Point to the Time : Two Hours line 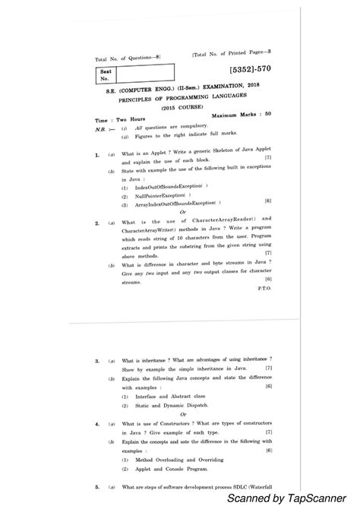point(112,120)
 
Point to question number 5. point(96,485)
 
